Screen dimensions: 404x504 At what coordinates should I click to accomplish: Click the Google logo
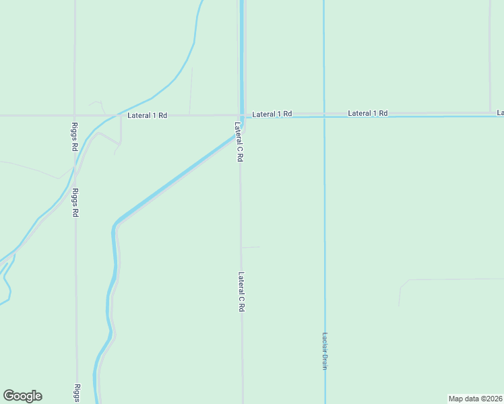point(22,396)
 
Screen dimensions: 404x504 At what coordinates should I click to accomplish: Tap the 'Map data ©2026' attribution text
point(476,399)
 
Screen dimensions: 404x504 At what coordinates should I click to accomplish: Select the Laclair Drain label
point(324,351)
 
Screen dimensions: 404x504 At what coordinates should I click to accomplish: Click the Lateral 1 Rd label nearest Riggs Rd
point(147,116)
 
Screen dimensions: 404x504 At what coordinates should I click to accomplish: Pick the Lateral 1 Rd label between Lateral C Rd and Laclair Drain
point(272,114)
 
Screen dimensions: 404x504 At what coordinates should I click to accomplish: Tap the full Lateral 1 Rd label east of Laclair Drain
point(368,113)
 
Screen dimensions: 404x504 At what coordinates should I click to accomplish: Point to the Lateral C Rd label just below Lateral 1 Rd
point(239,141)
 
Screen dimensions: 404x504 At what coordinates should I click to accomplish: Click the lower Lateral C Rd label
point(241,291)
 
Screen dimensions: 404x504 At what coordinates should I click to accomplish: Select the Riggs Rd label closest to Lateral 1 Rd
point(74,137)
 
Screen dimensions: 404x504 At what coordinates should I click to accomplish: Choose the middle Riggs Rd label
point(75,202)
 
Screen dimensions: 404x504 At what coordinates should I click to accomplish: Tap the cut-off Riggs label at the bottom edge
point(77,393)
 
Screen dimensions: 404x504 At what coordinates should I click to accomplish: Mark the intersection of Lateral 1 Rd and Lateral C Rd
point(241,116)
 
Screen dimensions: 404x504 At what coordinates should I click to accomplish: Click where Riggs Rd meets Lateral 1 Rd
point(74,116)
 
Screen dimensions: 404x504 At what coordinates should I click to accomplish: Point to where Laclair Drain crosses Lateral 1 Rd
point(324,116)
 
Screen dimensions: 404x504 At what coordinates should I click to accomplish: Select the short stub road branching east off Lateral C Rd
point(251,247)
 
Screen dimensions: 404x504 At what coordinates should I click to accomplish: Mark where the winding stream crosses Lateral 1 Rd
point(113,115)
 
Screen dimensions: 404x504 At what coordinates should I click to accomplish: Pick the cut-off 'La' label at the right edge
point(501,112)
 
